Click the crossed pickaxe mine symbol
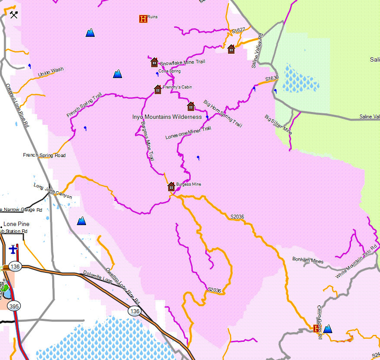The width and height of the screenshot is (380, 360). pos(14,15)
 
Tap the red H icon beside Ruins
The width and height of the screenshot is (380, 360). pos(142,19)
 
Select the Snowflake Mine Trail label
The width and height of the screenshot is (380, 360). pos(182,62)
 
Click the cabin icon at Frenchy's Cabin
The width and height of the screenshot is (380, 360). pos(158,89)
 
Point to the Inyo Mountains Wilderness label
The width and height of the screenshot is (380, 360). pos(167,117)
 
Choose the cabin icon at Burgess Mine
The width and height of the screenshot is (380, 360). pos(172,187)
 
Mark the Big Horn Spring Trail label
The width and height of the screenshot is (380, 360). pos(222,114)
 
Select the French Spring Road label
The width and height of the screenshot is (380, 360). pos(44,155)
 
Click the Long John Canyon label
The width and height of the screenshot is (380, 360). pos(53,191)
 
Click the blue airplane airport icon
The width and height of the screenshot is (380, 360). pos(13,249)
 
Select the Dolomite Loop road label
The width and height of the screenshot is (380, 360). pos(98,278)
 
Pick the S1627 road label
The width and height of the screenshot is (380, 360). pos(238,31)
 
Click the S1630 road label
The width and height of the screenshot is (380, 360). pos(272,78)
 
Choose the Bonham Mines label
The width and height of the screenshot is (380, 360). pos(307,260)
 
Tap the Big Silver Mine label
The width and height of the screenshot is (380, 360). pos(278,124)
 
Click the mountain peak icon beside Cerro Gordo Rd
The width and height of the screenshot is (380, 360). pos(328,328)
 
